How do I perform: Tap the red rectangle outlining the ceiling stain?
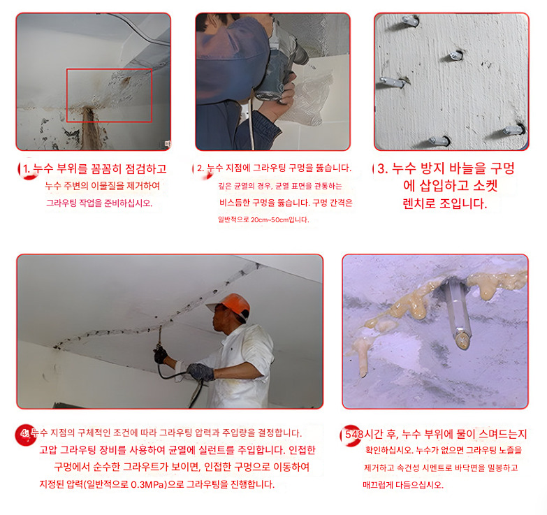[x=66, y=95]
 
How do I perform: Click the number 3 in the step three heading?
[x=382, y=168]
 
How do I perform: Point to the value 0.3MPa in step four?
[x=147, y=485]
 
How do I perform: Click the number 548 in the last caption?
[x=354, y=434]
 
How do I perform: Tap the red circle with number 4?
[x=25, y=434]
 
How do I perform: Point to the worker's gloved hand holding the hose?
[x=200, y=372]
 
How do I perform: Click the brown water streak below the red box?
[x=89, y=129]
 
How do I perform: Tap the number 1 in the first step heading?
[x=25, y=169]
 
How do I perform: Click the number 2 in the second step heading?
[x=200, y=168]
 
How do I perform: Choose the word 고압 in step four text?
[x=48, y=450]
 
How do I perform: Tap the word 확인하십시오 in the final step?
[x=389, y=451]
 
